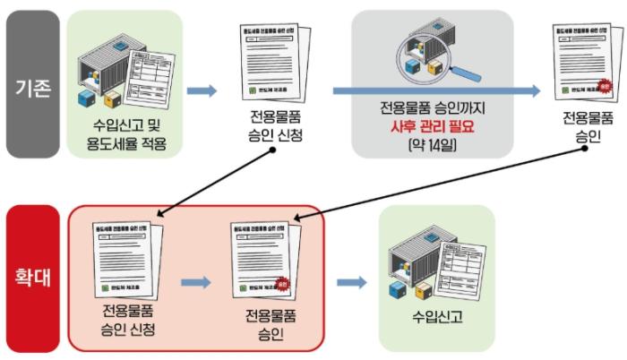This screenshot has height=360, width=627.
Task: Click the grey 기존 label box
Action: (32, 90)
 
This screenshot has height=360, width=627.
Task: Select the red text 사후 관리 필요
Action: (432, 125)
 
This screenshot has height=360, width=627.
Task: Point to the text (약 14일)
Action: (432, 143)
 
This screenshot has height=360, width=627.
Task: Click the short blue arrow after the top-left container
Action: (202, 90)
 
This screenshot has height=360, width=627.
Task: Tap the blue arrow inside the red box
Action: (194, 283)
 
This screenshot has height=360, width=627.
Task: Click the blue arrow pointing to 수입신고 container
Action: (352, 283)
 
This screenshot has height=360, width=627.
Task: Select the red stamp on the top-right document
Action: (604, 87)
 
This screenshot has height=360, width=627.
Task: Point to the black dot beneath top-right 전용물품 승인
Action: (583, 149)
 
